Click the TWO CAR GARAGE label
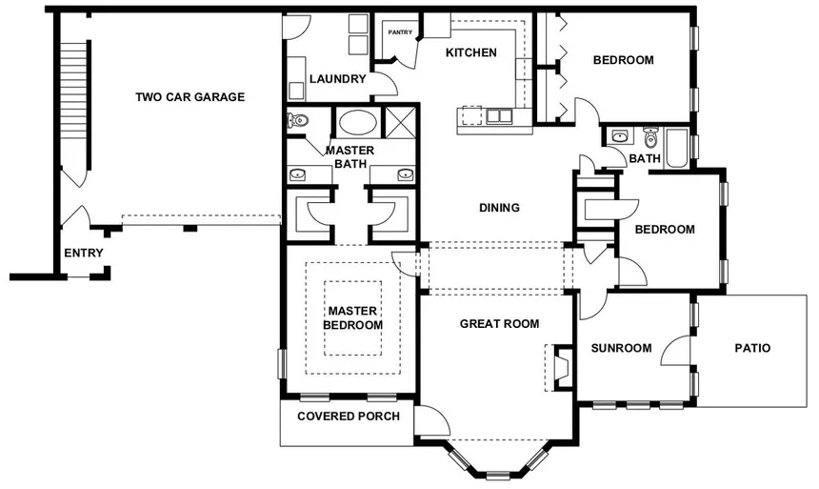click(190, 96)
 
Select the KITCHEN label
click(470, 52)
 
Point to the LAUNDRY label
click(337, 79)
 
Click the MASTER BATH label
click(350, 157)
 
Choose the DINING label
click(499, 208)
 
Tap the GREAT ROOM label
click(499, 324)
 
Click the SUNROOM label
click(621, 348)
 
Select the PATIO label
click(752, 348)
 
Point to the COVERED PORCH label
click(348, 417)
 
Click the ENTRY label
click(83, 253)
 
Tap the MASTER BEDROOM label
click(352, 317)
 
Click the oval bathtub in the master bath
click(357, 123)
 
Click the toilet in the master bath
click(298, 121)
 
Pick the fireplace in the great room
click(560, 366)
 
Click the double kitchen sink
click(497, 116)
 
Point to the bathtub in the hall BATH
click(676, 148)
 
